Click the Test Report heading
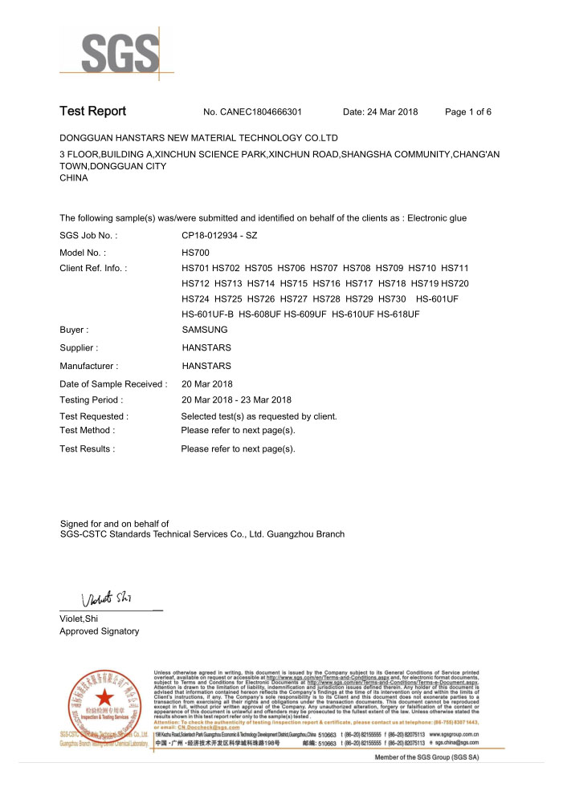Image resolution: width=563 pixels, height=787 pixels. pos(92,112)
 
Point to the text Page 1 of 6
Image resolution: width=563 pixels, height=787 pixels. pos(467,112)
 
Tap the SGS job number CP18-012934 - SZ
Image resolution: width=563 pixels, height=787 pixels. pos(219,236)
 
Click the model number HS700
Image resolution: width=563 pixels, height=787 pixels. pos(196,252)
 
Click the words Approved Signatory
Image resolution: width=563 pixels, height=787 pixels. pos(99,631)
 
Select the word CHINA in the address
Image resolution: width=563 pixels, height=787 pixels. pos(74,178)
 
